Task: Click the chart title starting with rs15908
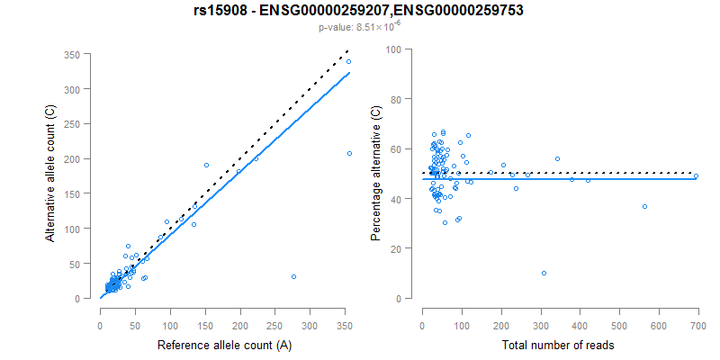[359, 11]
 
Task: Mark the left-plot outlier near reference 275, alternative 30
[293, 276]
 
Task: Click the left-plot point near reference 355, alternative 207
[349, 154]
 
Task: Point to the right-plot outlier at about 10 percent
[544, 273]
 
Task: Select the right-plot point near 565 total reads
[644, 206]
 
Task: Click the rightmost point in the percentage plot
[696, 176]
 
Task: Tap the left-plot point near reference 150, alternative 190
[206, 165]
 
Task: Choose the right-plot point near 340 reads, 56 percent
[557, 158]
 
